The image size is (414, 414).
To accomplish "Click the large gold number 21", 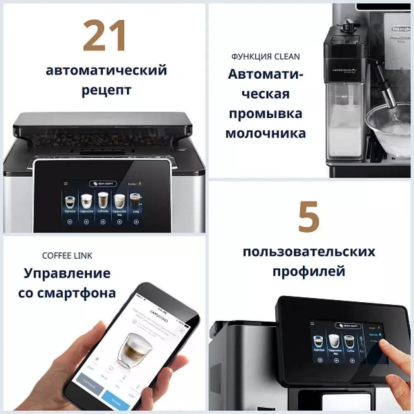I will [104, 36].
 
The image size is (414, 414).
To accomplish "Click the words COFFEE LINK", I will [67, 256].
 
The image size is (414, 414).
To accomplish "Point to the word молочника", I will [265, 133].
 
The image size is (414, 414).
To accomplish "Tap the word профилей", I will [308, 271].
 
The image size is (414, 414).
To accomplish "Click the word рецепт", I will [106, 90].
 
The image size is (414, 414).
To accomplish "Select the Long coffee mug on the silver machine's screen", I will [135, 201].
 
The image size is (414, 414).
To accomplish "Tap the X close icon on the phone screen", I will [181, 330].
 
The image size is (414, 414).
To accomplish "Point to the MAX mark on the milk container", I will [343, 96].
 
